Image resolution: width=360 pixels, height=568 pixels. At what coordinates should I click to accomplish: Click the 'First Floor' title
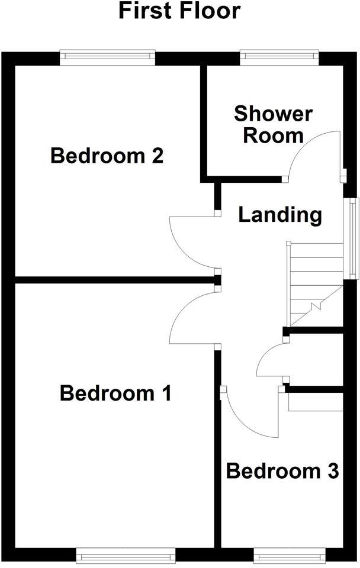179,12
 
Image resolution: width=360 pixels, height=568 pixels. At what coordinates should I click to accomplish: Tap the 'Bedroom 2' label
107,156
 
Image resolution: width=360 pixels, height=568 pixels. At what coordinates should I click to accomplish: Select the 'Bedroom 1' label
115,393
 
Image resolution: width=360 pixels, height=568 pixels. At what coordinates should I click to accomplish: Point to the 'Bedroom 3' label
282,472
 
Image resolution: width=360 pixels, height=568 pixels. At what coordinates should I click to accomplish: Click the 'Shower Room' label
273,124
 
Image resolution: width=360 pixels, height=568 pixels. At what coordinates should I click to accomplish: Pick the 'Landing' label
280,215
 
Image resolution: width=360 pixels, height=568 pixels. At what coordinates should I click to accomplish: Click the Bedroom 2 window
107,57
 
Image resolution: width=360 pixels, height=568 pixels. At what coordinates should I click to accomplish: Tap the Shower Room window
279,57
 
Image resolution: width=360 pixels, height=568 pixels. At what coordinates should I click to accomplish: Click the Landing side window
353,238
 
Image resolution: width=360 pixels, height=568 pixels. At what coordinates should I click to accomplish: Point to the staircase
316,284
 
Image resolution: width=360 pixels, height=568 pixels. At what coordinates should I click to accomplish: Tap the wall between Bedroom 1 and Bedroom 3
217,450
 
